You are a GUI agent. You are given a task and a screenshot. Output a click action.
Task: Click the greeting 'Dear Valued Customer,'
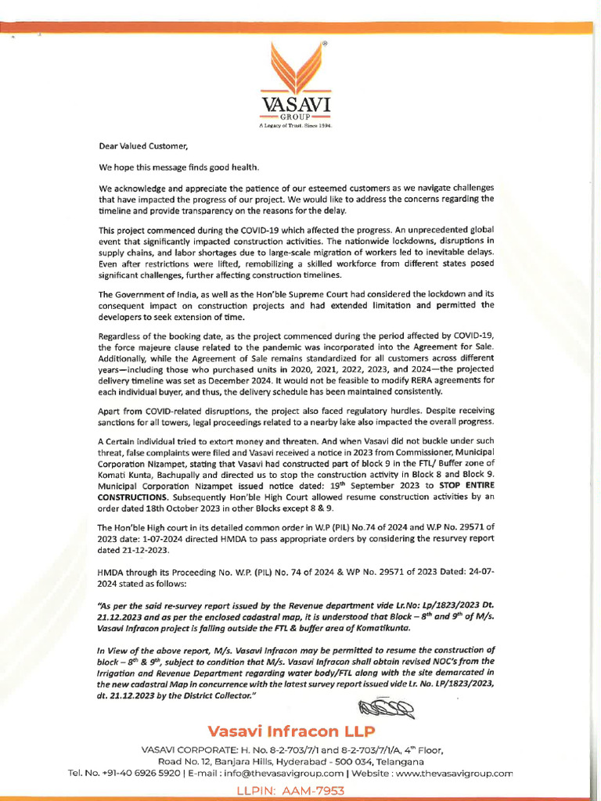point(143,145)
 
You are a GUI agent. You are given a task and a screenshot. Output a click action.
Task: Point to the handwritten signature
point(386,709)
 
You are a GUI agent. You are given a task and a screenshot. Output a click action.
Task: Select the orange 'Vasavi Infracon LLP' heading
point(291,732)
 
